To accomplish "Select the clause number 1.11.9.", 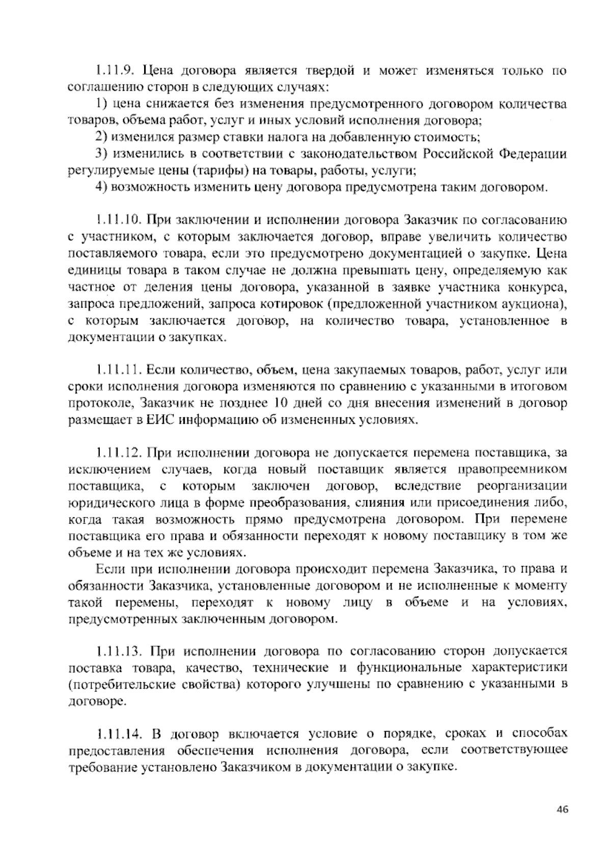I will point(115,70).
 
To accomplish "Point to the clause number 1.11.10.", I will point(118,221).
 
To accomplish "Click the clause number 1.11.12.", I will point(118,452).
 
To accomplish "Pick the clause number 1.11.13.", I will point(118,652).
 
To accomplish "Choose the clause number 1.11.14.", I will point(118,735).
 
